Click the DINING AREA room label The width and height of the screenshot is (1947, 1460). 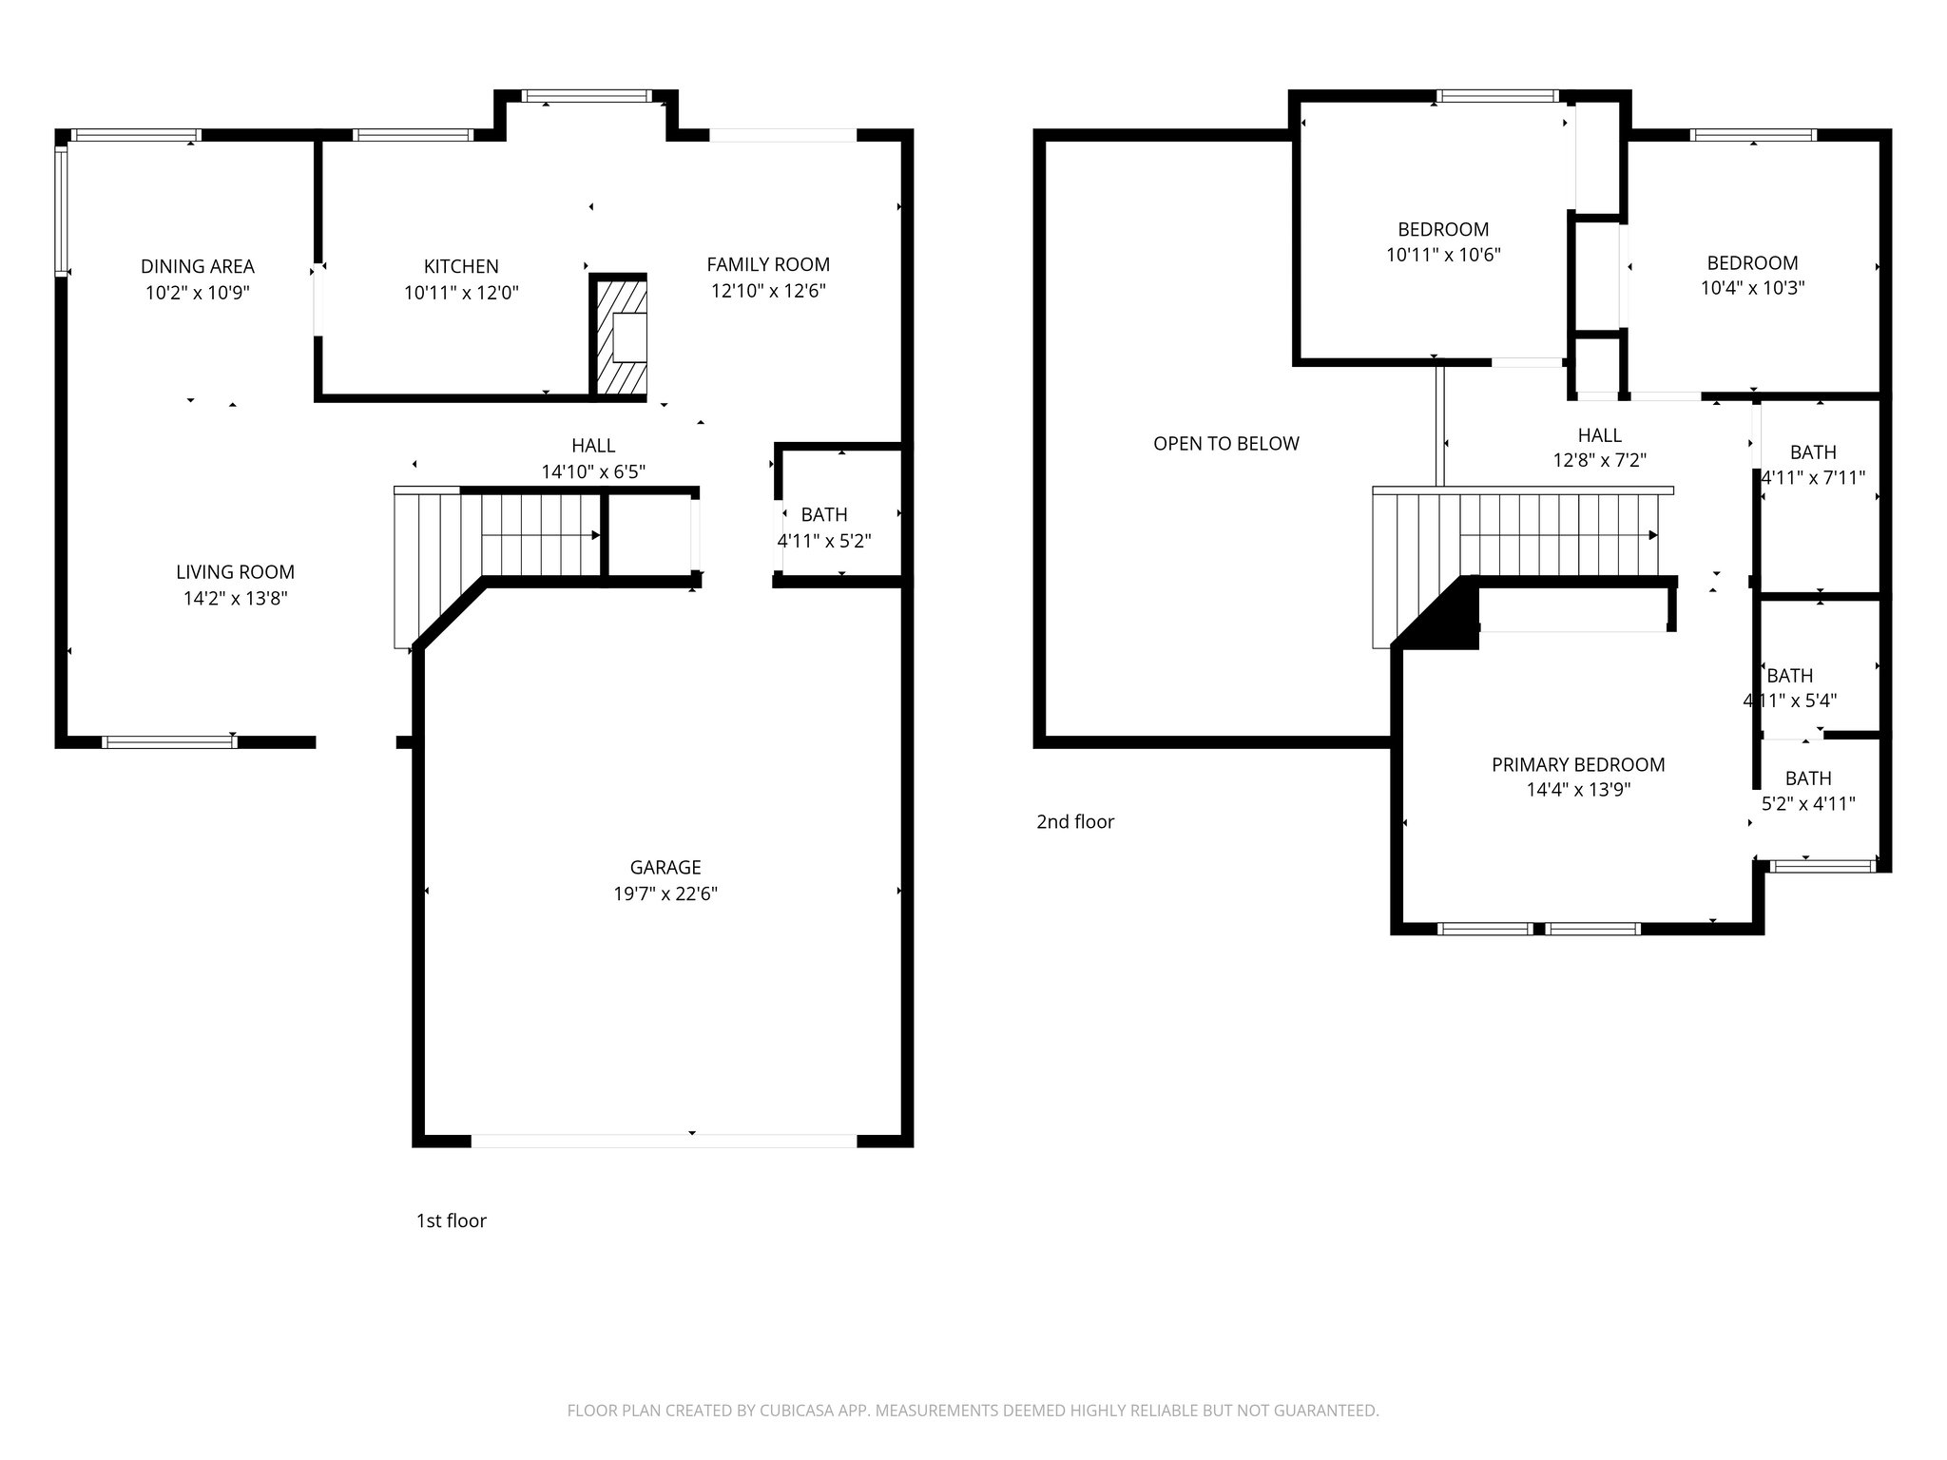(198, 266)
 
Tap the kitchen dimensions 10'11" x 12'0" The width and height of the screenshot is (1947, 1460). (461, 293)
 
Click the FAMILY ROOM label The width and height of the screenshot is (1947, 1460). (768, 264)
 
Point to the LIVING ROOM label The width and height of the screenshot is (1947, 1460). (235, 571)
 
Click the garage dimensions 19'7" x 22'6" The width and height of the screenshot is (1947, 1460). (665, 893)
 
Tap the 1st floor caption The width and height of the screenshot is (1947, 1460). (451, 1220)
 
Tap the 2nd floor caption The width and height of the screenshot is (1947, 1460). (1074, 821)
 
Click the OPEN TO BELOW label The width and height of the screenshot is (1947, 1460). (1225, 443)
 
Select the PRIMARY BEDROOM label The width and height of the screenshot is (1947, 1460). (1578, 764)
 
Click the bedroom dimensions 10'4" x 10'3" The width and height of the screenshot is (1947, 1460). (1752, 288)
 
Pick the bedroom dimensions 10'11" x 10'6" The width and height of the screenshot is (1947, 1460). (1443, 255)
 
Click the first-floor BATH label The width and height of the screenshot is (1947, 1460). (824, 514)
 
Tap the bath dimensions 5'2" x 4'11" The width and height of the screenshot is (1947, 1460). (1808, 803)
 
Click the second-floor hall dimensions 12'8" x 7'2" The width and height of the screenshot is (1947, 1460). (1599, 461)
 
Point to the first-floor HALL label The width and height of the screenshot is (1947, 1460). (593, 445)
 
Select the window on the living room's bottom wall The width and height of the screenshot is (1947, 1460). (169, 741)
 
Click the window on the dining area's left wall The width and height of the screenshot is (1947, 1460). (61, 209)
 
